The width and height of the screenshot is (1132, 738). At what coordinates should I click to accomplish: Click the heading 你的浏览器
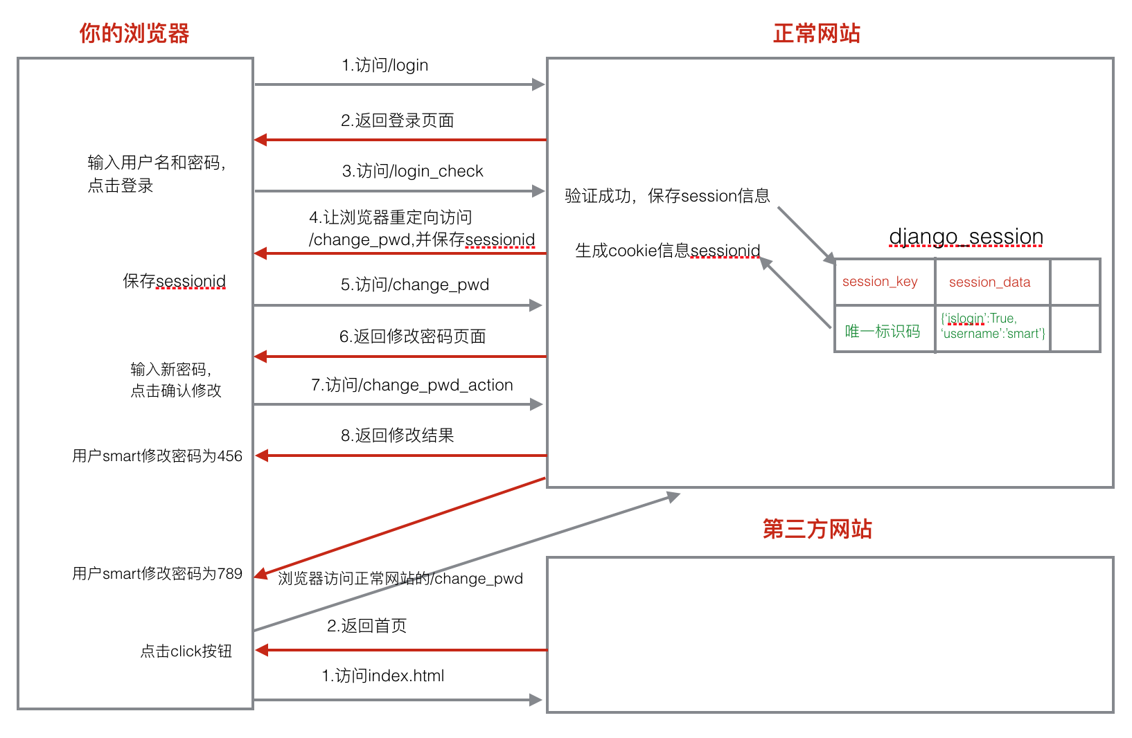[x=134, y=33]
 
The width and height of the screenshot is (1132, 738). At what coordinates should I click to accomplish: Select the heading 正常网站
[x=816, y=33]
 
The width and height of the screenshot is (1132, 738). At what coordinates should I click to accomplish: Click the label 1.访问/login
[x=384, y=65]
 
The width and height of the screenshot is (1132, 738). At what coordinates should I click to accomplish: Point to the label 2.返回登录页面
[x=397, y=120]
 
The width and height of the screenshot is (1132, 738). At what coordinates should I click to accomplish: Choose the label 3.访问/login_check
[x=412, y=171]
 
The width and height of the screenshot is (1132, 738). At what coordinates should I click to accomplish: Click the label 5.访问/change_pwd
[x=414, y=285]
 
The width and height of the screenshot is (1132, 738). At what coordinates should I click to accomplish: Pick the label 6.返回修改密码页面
[x=412, y=336]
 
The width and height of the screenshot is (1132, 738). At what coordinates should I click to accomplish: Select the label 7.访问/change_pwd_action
[x=412, y=385]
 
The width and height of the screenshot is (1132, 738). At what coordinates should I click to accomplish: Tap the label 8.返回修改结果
[x=397, y=435]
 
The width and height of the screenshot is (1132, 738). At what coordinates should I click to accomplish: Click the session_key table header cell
[x=880, y=282]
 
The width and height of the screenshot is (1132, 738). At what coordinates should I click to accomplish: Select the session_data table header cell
[x=989, y=282]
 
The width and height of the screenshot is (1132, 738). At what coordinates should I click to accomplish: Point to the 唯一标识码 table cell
[x=882, y=332]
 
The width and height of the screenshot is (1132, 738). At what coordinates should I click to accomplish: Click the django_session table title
[x=966, y=237]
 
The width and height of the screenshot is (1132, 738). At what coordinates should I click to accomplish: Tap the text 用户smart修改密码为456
[x=157, y=456]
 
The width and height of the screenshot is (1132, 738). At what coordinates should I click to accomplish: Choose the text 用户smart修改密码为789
[x=157, y=573]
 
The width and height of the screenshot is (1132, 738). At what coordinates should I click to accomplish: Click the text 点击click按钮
[x=186, y=651]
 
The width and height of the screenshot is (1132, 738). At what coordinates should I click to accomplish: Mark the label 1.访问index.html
[x=382, y=676]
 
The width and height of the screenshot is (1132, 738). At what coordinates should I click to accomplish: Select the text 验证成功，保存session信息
[x=667, y=196]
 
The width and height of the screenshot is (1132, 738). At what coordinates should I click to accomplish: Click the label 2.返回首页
[x=366, y=626]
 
